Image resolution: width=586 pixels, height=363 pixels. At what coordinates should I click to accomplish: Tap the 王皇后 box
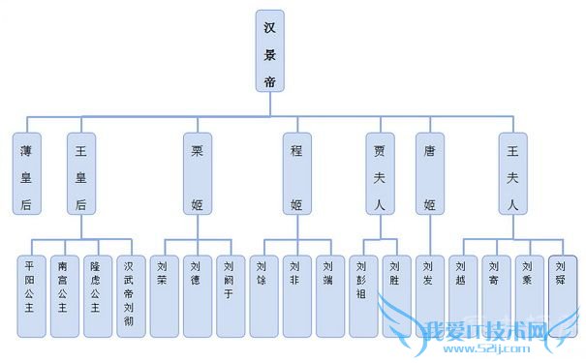click(x=80, y=173)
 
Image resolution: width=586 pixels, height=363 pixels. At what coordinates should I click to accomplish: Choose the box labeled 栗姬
click(x=197, y=173)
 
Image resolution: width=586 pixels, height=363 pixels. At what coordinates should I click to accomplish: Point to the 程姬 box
click(x=296, y=173)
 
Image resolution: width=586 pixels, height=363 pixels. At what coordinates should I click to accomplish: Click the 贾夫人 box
click(x=380, y=173)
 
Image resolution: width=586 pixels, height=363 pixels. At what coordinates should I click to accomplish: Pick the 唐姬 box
click(x=430, y=173)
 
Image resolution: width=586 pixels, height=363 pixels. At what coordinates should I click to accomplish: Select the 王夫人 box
click(x=512, y=173)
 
